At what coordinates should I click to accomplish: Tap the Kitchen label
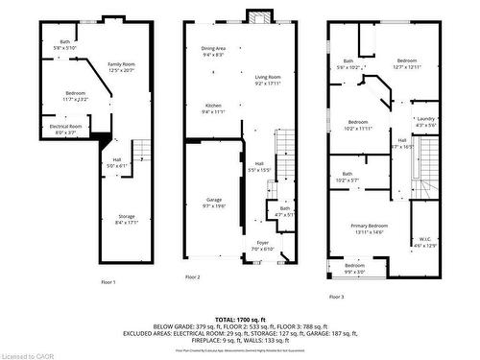coord(213,108)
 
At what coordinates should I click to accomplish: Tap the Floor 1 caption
coord(108,282)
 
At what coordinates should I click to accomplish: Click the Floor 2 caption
coord(193,277)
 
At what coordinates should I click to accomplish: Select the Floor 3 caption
coord(336,298)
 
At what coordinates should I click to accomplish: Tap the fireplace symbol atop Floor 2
coord(255,14)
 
